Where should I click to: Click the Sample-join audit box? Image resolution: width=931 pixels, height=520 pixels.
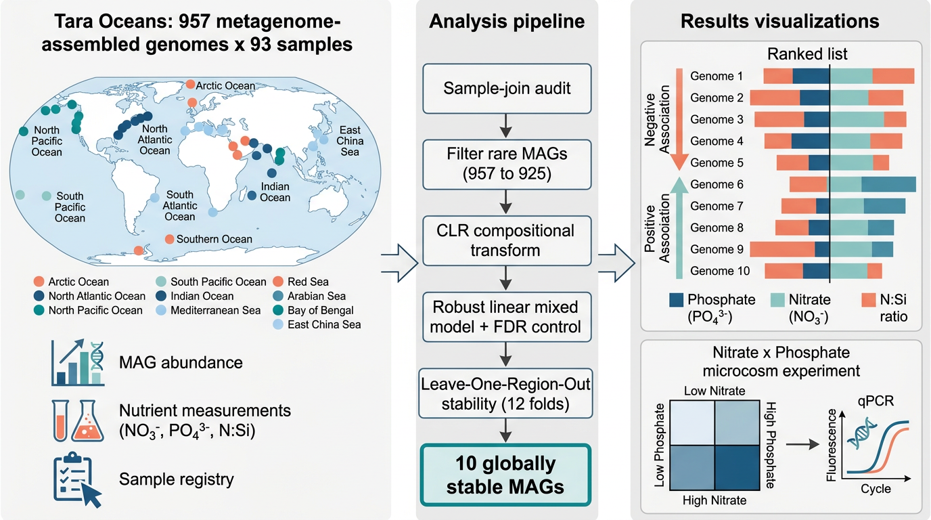coord(507,89)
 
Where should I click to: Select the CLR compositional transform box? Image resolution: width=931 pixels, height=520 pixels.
coord(507,240)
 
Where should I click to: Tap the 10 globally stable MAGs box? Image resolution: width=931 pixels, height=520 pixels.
coord(505,475)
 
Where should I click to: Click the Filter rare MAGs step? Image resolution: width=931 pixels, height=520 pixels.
coord(507,165)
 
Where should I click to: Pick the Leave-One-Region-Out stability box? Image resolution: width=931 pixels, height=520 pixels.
coord(505,393)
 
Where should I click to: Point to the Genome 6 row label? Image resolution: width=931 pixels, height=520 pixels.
coord(717,184)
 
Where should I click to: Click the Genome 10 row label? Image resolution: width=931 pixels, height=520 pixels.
coord(720,271)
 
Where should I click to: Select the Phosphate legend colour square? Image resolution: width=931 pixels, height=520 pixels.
coord(676,300)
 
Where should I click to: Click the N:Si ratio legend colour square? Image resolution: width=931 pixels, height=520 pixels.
coord(869,300)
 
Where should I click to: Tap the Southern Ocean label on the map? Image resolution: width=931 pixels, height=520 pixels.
coord(214,239)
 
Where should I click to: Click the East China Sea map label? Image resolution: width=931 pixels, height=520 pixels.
coord(350,141)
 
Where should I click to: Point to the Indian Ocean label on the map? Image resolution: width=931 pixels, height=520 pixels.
coord(275,192)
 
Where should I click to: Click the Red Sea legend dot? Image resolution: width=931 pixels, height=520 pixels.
coord(278,282)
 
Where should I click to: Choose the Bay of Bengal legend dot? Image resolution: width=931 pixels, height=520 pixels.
coord(278,310)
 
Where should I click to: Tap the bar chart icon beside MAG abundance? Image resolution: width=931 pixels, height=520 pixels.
coord(78,363)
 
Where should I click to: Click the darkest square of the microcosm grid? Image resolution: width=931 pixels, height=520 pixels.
coord(737,468)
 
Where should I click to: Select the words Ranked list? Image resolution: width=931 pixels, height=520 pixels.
coord(807,54)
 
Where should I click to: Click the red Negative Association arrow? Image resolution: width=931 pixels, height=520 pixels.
coord(679,119)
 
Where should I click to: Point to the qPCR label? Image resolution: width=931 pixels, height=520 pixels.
coord(876,402)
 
